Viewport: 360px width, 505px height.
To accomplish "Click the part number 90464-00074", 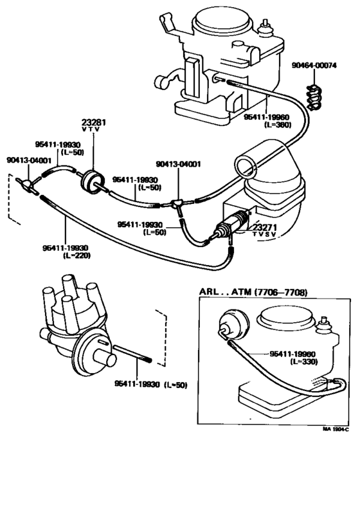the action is point(314,66).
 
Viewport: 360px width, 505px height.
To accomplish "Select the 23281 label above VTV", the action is point(93,122).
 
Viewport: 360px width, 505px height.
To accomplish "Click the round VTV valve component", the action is point(93,183).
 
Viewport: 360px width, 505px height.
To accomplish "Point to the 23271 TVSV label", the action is point(264,230).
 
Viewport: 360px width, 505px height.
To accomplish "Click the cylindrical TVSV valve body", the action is point(232,222).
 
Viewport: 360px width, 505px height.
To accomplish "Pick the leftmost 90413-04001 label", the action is point(29,160).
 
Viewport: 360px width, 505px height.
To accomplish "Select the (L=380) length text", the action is point(277,124).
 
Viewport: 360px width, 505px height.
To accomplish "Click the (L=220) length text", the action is point(76,255).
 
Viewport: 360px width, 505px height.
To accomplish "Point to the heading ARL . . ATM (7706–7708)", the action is point(253,292).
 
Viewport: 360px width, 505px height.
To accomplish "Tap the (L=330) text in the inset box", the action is point(304,362).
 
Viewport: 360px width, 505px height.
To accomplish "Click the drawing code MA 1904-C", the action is point(336,429).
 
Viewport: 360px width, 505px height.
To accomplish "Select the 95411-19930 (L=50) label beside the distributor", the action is point(150,385).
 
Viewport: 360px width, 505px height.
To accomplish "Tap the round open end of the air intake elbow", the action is point(246,165).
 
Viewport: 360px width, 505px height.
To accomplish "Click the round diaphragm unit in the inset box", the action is point(234,324).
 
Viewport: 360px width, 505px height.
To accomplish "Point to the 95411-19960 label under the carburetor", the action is point(266,117).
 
